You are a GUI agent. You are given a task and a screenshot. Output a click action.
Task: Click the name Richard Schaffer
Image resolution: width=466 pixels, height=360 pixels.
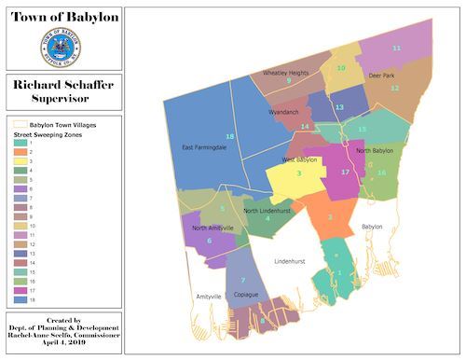tap(62, 84)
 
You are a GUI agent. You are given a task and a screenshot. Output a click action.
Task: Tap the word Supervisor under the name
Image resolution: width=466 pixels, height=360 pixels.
tap(62, 98)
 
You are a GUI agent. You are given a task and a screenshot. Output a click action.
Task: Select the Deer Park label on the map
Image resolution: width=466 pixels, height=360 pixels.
tap(382, 75)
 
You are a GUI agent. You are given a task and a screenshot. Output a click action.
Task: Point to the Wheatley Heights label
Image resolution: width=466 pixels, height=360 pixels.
tap(285, 72)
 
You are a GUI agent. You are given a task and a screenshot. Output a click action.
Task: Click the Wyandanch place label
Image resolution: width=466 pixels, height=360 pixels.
tap(283, 112)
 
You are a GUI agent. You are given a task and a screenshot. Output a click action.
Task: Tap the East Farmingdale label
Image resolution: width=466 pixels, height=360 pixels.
tap(205, 147)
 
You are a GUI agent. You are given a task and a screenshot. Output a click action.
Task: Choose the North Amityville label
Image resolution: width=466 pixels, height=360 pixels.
tap(213, 228)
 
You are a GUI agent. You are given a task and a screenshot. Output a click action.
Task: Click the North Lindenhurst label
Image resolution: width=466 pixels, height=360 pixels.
tap(270, 211)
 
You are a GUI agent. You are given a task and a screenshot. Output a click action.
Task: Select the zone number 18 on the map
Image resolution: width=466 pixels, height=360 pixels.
tap(229, 137)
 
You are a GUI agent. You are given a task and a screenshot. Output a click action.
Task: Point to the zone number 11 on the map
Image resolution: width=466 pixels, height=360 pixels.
tap(396, 47)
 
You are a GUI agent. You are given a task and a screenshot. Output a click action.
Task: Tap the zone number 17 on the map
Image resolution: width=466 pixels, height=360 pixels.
tap(345, 173)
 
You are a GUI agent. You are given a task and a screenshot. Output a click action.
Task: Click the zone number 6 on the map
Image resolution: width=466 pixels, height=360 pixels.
tap(209, 241)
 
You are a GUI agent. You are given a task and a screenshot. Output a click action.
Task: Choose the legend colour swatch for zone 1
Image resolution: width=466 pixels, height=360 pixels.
tap(19, 143)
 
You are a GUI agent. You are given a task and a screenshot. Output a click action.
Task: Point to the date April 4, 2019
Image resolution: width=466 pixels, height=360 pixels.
tap(62, 344)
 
